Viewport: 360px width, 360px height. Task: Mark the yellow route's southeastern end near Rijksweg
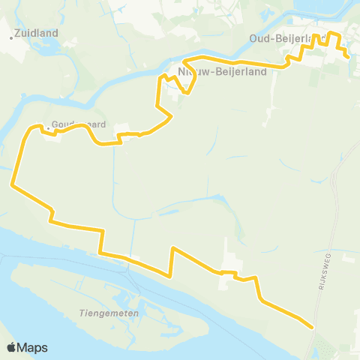(x=311, y=326)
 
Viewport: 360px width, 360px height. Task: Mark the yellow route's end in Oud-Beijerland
(x=347, y=56)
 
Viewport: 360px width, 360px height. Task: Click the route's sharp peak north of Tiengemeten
(x=173, y=247)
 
